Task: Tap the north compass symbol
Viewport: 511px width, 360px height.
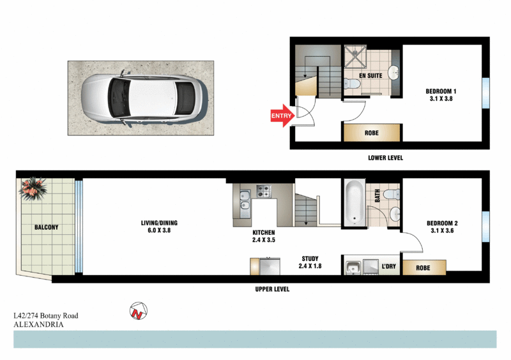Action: tap(138, 311)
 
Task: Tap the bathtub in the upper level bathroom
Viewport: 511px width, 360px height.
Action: tap(353, 204)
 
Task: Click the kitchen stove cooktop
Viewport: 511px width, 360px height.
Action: tap(263, 190)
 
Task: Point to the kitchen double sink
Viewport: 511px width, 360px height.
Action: tap(243, 202)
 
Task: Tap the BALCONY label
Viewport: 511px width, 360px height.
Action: tap(46, 227)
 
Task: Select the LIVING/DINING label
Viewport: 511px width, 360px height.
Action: tap(159, 227)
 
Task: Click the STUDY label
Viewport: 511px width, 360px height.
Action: tap(310, 263)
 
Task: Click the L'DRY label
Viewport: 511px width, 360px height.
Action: tap(389, 266)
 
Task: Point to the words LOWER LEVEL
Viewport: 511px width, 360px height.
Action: tap(385, 158)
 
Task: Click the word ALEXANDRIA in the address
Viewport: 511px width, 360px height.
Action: tap(38, 324)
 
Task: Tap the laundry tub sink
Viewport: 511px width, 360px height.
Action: tap(352, 267)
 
